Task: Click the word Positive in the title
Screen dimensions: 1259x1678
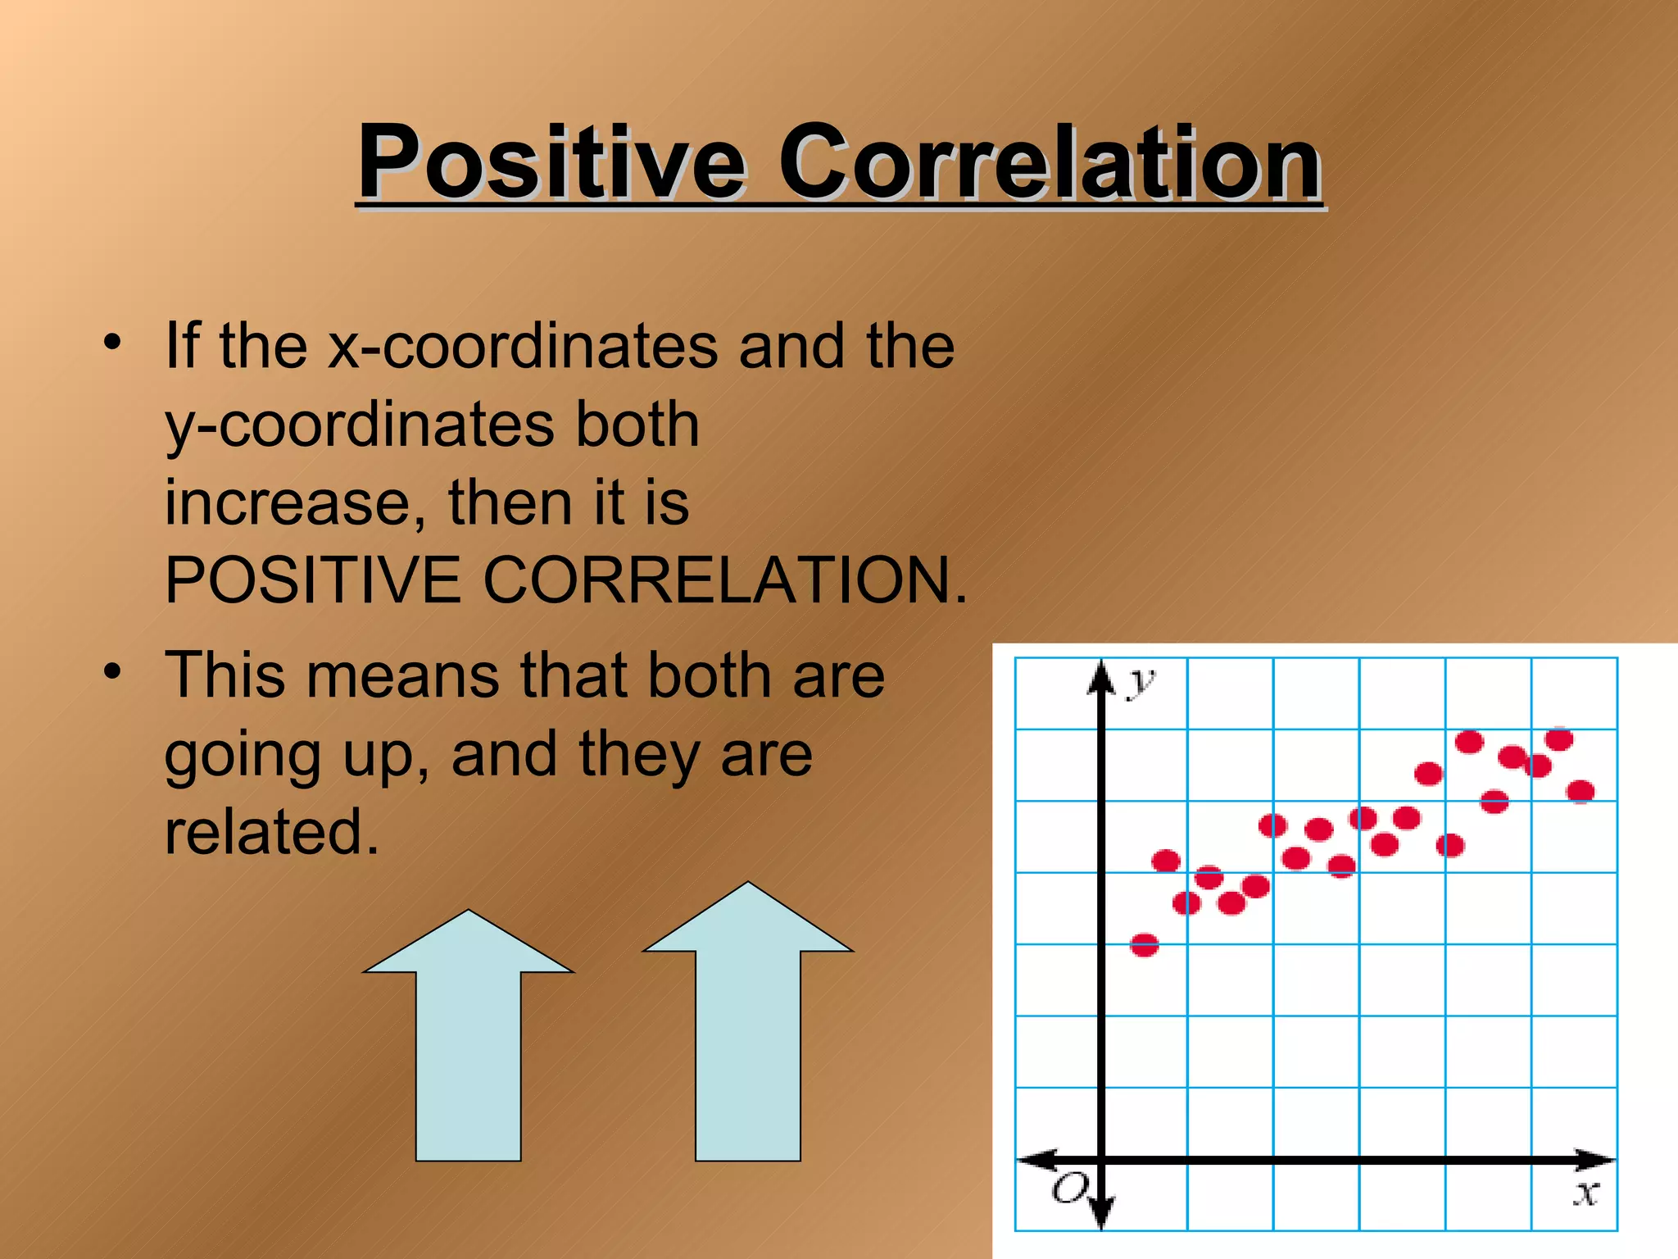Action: [x=551, y=161]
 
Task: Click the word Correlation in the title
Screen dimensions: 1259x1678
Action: [x=1049, y=161]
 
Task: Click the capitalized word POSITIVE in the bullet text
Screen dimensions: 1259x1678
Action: [x=313, y=580]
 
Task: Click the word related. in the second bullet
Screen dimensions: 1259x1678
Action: [x=271, y=832]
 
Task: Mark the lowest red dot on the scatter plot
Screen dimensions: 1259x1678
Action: [x=1145, y=945]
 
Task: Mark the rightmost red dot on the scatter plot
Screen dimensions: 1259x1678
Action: [x=1580, y=791]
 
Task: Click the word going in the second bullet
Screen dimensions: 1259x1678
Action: [x=242, y=756]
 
